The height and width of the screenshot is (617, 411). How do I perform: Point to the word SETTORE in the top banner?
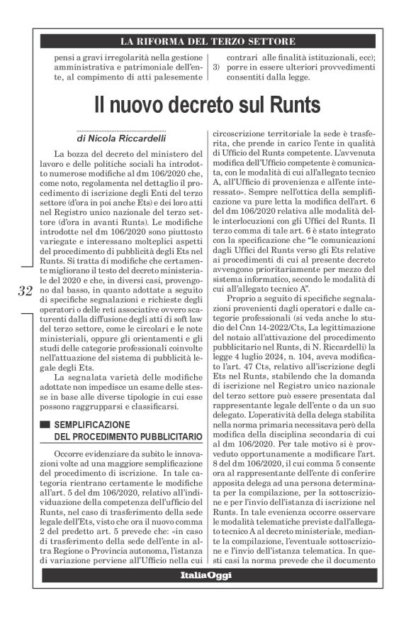[x=271, y=41]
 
